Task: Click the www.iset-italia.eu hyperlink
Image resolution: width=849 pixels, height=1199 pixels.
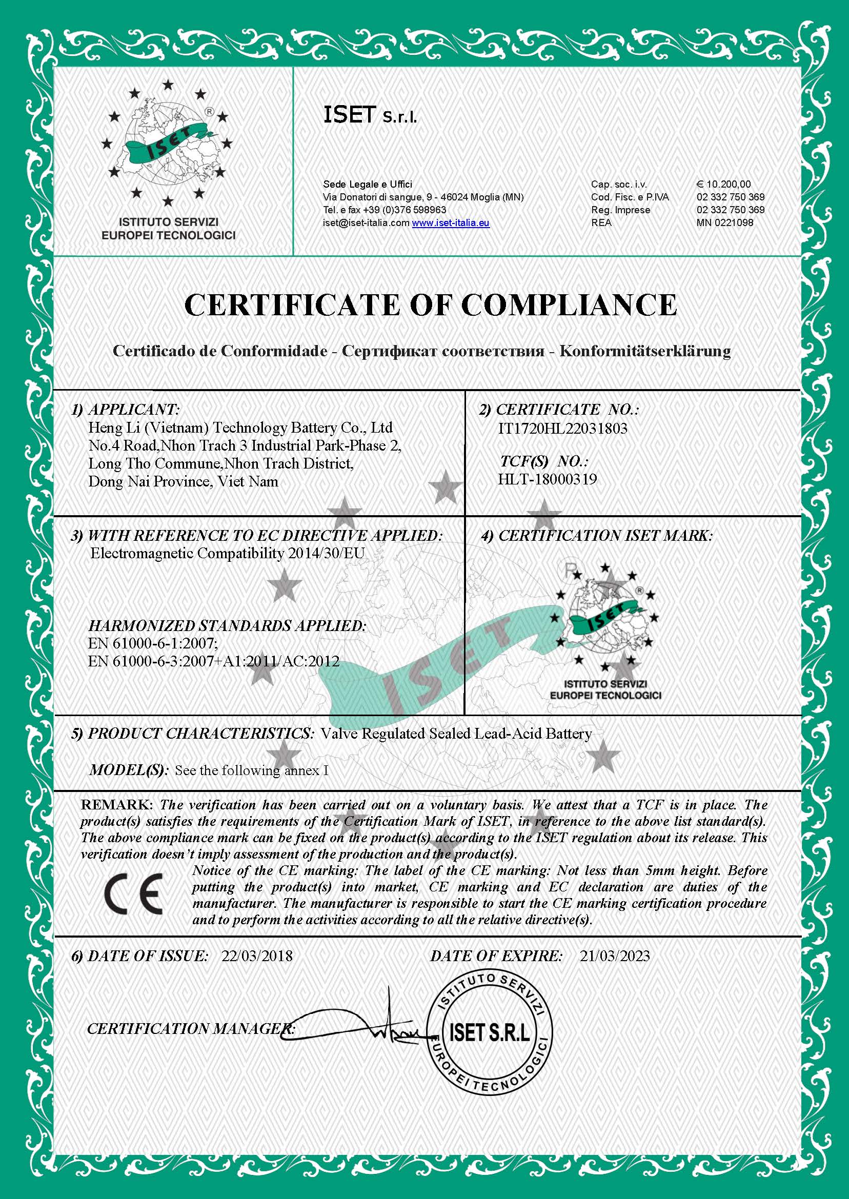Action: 450,222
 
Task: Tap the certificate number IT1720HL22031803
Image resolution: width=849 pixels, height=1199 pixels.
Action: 562,429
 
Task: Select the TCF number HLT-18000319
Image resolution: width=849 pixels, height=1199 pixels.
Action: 547,479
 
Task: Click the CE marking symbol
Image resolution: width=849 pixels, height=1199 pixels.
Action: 133,894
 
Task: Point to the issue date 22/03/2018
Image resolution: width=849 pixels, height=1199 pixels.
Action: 257,956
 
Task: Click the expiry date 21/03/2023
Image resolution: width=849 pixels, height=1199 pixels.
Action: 614,956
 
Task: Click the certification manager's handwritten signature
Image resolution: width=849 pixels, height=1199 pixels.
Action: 361,1024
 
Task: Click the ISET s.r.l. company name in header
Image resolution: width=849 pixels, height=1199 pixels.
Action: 370,115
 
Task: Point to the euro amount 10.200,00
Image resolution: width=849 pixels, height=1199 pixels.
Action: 723,184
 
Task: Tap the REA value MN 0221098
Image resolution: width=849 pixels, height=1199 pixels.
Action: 724,222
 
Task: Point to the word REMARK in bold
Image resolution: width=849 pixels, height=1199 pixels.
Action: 116,805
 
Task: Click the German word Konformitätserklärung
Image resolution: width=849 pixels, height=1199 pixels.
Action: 644,351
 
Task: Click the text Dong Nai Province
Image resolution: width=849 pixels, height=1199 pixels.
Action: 150,481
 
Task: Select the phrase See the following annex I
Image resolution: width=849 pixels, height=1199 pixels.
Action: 251,770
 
